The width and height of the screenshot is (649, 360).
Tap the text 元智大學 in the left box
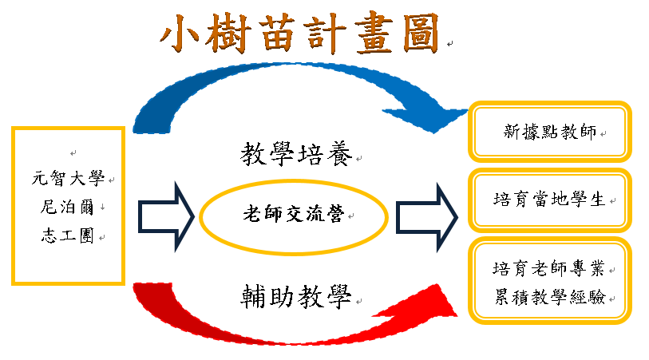69,179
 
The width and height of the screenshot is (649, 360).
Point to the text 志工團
68,235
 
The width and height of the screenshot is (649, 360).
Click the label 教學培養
296,154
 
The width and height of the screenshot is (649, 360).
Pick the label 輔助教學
296,297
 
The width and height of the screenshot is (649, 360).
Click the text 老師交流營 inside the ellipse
294,214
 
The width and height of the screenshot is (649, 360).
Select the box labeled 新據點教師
550,132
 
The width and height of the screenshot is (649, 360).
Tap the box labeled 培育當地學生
550,200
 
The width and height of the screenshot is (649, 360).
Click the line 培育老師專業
549,268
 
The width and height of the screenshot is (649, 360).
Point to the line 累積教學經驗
550,297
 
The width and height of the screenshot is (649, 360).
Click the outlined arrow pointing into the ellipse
166,217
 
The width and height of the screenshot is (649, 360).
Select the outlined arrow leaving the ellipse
427,217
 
